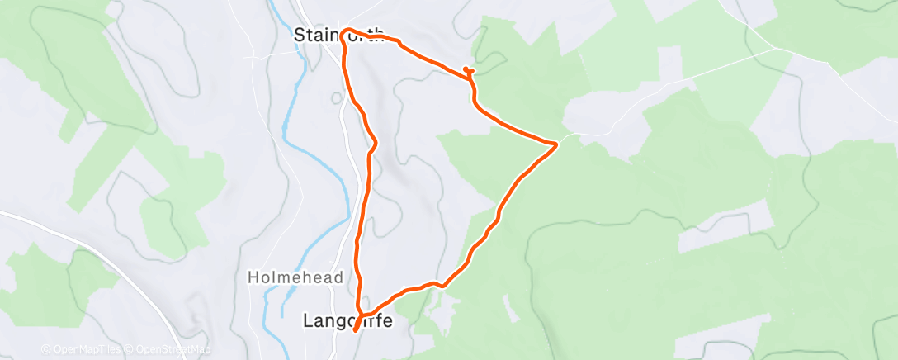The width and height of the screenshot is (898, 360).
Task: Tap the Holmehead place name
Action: tap(295, 278)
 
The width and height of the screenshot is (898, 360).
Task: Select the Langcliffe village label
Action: tap(347, 320)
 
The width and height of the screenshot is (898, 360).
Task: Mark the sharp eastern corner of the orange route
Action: tap(557, 144)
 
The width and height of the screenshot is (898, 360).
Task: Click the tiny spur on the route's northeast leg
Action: tap(467, 70)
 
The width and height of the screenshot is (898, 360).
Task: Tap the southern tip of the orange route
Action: tap(356, 330)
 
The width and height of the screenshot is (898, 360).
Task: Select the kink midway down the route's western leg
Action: tap(376, 144)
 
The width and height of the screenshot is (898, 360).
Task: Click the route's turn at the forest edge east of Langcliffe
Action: tap(443, 286)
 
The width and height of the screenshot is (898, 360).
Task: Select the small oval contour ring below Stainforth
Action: tap(337, 98)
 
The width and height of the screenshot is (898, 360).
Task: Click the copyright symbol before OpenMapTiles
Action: tap(45, 350)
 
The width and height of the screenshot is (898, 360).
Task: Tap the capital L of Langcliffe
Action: tap(309, 320)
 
